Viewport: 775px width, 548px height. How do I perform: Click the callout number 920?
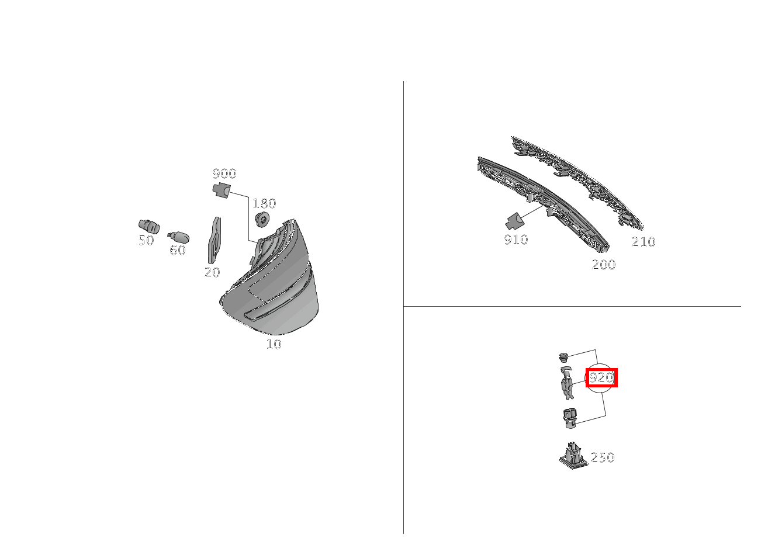coord(601,378)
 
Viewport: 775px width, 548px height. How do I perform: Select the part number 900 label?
coord(224,174)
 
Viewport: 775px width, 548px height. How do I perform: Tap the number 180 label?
coord(264,203)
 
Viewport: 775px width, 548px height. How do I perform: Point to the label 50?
coord(146,240)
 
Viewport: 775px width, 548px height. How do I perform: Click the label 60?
coord(177,250)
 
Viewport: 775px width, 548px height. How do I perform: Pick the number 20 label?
coord(212,272)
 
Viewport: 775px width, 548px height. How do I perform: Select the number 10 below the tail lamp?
coord(274,344)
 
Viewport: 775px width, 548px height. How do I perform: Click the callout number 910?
coord(516,240)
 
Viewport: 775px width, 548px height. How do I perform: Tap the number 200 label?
coord(604,265)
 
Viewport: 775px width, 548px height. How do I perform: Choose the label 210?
coord(643,242)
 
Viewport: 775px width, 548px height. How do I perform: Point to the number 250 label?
coord(603,457)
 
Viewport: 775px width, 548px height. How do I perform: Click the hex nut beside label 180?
coord(262,220)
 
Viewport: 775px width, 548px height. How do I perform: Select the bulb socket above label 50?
coord(148,225)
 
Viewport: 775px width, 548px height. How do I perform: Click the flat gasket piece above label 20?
coord(214,240)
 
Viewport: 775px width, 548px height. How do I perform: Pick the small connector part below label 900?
coord(220,190)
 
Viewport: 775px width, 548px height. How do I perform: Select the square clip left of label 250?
coord(572,455)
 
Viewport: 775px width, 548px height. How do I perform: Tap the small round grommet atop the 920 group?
coord(563,356)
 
